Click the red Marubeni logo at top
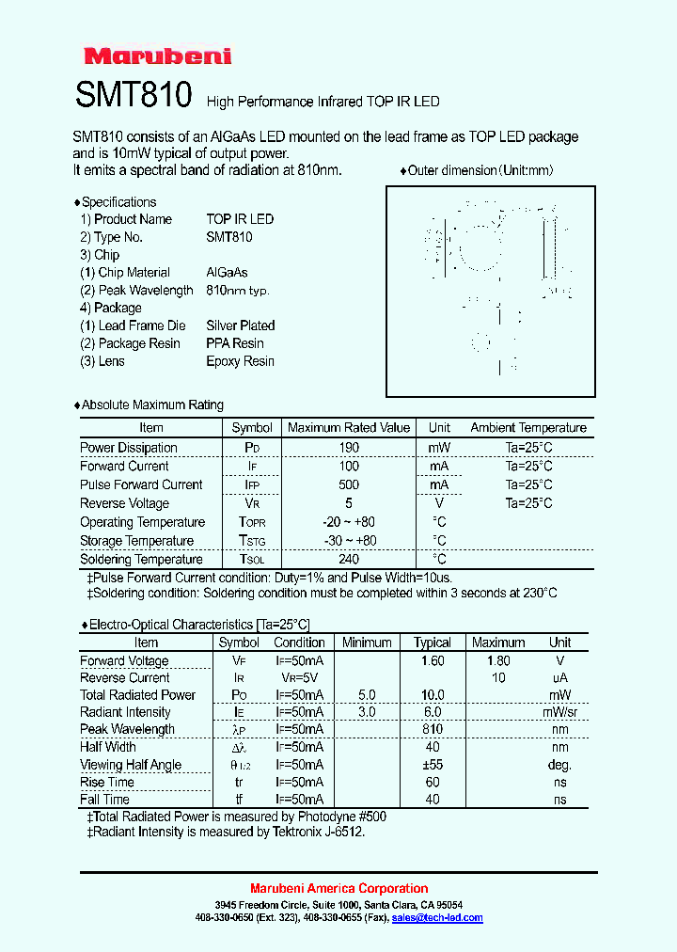157,56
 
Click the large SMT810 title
134,95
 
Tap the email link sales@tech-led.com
437,917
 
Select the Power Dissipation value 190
349,448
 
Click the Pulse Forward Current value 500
349,484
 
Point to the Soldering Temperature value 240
349,559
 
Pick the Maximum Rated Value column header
349,427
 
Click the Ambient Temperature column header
528,427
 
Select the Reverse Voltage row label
124,503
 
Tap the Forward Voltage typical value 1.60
432,661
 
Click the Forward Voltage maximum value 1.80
498,661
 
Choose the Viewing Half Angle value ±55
432,765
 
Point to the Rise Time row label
106,782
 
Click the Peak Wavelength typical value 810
432,729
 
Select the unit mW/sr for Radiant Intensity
559,712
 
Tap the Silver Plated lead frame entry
241,325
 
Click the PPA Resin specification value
235,343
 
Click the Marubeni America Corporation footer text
338,888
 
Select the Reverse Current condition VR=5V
299,678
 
